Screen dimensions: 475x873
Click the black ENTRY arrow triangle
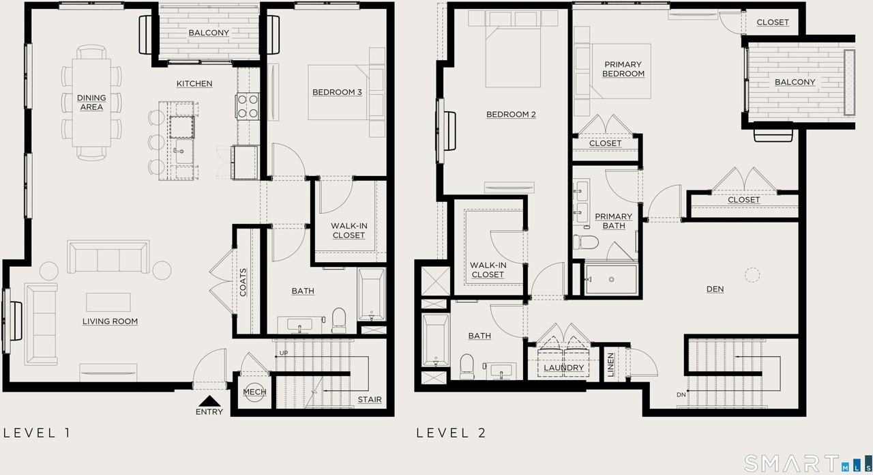click(x=208, y=402)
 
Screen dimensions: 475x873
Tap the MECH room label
click(x=254, y=392)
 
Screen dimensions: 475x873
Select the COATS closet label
click(x=243, y=282)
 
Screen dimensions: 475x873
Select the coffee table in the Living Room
click(x=108, y=302)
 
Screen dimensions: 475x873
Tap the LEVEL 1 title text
click(x=37, y=433)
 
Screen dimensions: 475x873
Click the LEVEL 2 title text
click(x=451, y=433)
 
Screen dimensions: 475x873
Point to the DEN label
click(x=715, y=289)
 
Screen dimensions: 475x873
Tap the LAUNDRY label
click(x=564, y=368)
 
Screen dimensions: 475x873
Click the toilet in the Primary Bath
click(x=586, y=243)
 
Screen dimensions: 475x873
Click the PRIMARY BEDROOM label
click(x=623, y=69)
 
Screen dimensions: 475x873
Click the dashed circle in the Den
click(x=752, y=274)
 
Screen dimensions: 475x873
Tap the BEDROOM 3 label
click(x=337, y=92)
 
